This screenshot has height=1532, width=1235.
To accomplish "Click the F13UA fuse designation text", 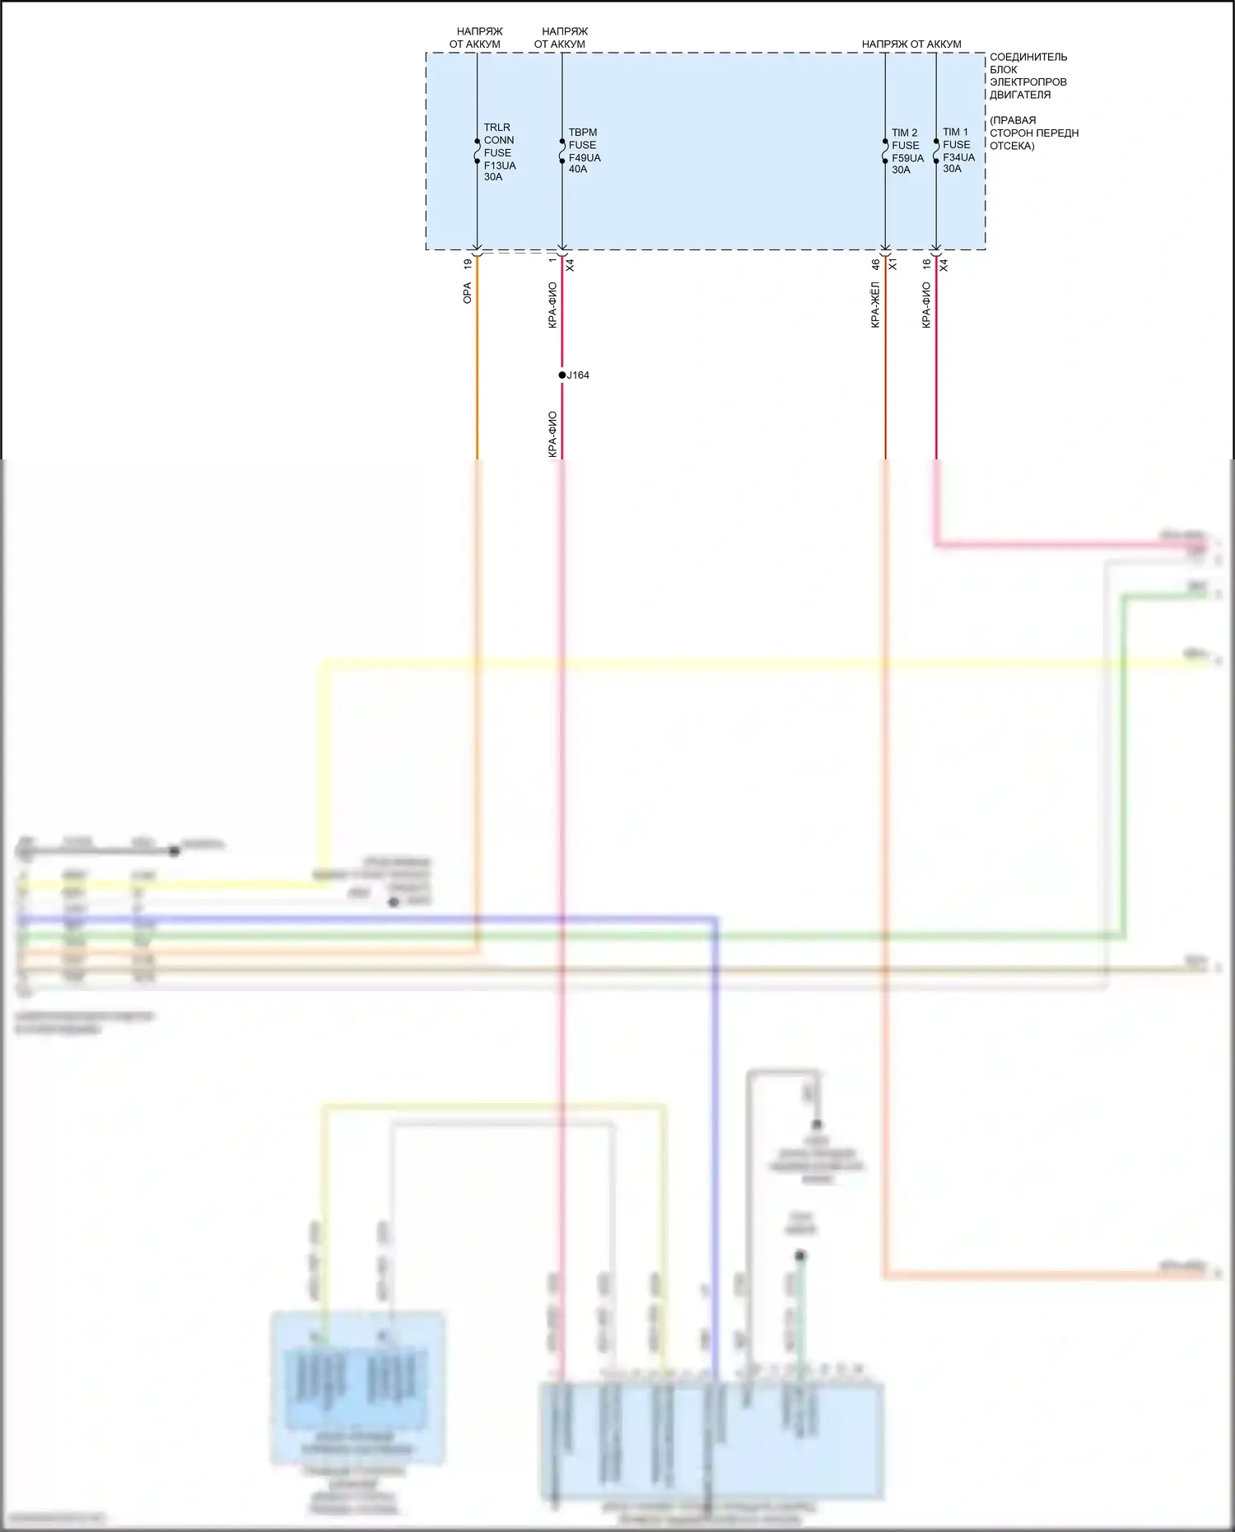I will coord(500,165).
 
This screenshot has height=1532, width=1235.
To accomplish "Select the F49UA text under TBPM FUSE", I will coord(585,157).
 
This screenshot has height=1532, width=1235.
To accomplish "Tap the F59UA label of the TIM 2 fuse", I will coord(907,158).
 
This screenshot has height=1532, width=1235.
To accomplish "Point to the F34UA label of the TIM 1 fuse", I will coord(958,157).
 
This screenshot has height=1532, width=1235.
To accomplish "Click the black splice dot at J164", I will coord(562,375).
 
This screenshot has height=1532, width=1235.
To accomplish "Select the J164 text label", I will coord(578,375).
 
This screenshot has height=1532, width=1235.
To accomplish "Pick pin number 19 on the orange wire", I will coord(468,264).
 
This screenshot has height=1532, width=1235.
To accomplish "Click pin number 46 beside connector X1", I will coord(875,264).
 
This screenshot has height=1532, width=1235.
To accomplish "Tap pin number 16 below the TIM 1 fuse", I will coord(926,264).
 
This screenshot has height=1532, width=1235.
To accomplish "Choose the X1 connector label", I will coord(892,264).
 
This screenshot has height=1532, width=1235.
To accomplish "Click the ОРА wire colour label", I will coord(467,293).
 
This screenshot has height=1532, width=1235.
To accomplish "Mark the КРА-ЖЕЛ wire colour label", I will coord(875,305).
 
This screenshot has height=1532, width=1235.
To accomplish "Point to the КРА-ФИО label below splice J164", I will coord(552,434).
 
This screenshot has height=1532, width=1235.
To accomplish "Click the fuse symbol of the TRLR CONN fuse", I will coord(478,151).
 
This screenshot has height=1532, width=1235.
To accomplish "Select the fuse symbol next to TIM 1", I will coord(936,151).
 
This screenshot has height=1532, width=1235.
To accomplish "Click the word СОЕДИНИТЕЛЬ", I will coord(1028,57).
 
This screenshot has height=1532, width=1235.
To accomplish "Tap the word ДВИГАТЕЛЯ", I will coord(1020,95).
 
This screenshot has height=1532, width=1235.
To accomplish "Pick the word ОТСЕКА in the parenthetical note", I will coord(1012,146).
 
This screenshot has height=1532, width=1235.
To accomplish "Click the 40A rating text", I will coord(578,170).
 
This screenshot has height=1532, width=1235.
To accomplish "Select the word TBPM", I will coord(582,133).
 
